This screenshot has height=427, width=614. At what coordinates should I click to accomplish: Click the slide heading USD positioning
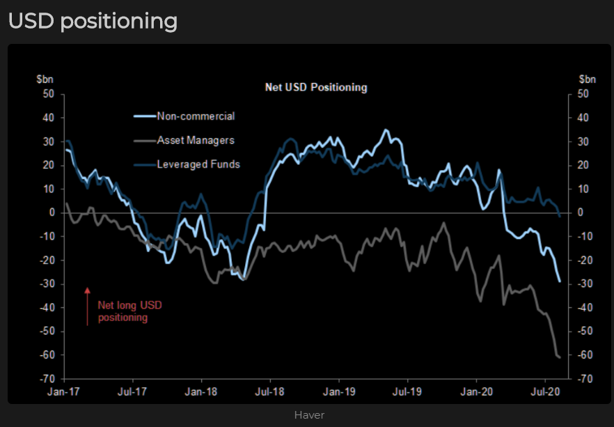93,21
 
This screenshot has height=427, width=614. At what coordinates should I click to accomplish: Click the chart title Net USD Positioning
316,88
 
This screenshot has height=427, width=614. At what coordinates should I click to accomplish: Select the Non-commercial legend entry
196,116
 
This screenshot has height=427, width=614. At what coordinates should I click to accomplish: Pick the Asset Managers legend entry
196,140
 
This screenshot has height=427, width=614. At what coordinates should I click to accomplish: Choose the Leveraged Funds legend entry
198,164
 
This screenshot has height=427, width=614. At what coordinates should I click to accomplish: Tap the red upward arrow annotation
88,306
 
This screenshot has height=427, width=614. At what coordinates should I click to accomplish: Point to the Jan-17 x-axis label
64,391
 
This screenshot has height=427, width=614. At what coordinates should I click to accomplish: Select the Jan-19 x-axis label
339,391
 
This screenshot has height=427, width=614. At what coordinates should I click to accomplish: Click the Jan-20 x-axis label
477,391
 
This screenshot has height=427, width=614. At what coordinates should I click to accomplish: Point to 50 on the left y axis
49,94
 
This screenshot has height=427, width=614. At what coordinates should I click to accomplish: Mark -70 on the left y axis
47,379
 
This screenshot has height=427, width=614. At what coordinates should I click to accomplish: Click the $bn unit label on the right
587,79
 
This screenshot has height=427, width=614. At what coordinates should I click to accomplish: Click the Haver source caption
309,415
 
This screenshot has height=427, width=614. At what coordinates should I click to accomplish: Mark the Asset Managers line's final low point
560,357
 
